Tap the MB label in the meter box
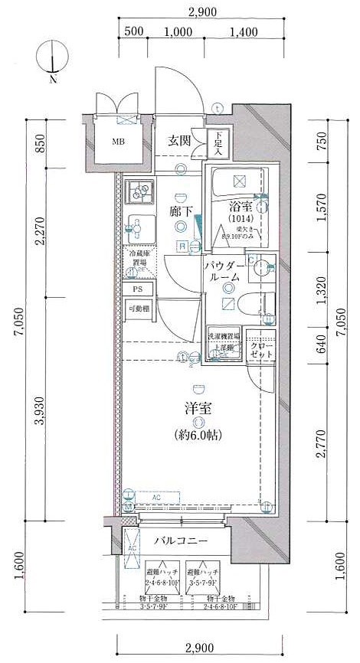[x=119, y=142]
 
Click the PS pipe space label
[x=138, y=289]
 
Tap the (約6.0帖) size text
[x=197, y=435]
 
